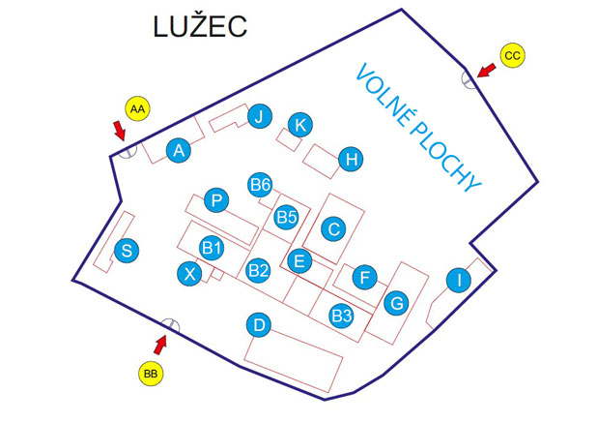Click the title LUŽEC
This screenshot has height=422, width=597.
[x=200, y=26]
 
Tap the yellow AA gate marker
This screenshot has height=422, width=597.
[x=137, y=109]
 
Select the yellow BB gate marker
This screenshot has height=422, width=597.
[x=150, y=372]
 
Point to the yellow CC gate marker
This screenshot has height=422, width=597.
[x=512, y=56]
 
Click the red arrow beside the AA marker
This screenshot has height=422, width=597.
[x=120, y=133]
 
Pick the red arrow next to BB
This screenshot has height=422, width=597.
[x=160, y=343]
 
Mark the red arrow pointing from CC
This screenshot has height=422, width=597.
[x=485, y=70]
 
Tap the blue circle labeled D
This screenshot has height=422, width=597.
[x=258, y=325]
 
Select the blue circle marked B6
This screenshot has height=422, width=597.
[x=260, y=185]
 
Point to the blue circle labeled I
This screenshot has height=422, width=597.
[x=459, y=281]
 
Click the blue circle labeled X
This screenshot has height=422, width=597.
[x=190, y=274]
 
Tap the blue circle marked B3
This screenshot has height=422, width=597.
[x=341, y=315]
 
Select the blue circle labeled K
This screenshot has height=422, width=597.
[x=300, y=125]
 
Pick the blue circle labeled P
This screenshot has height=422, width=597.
[x=217, y=200]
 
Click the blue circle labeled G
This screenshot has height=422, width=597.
[x=395, y=303]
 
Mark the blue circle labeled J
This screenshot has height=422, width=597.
[x=258, y=118]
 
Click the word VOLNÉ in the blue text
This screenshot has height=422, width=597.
[x=387, y=102]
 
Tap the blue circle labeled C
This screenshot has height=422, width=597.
[x=333, y=229]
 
